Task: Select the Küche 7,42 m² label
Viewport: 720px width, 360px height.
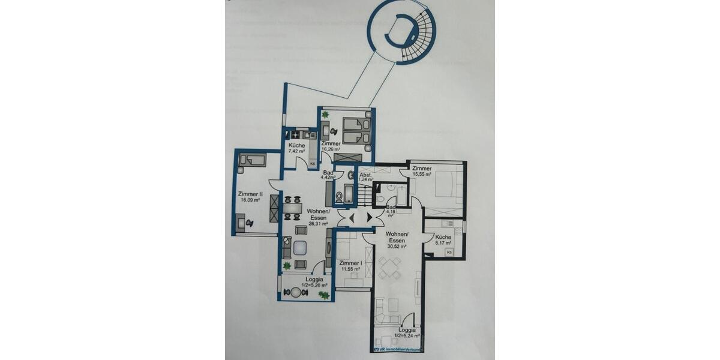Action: [x=296, y=148]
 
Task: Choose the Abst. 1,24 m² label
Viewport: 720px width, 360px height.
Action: [x=365, y=176]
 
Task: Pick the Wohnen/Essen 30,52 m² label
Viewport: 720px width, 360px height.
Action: [x=397, y=239]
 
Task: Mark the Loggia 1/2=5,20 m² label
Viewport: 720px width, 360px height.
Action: [x=314, y=283]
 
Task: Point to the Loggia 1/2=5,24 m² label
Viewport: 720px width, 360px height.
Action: [x=406, y=333]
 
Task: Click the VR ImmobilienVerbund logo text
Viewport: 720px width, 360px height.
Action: [x=398, y=347]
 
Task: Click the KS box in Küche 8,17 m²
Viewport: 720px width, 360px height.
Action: [x=449, y=253]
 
